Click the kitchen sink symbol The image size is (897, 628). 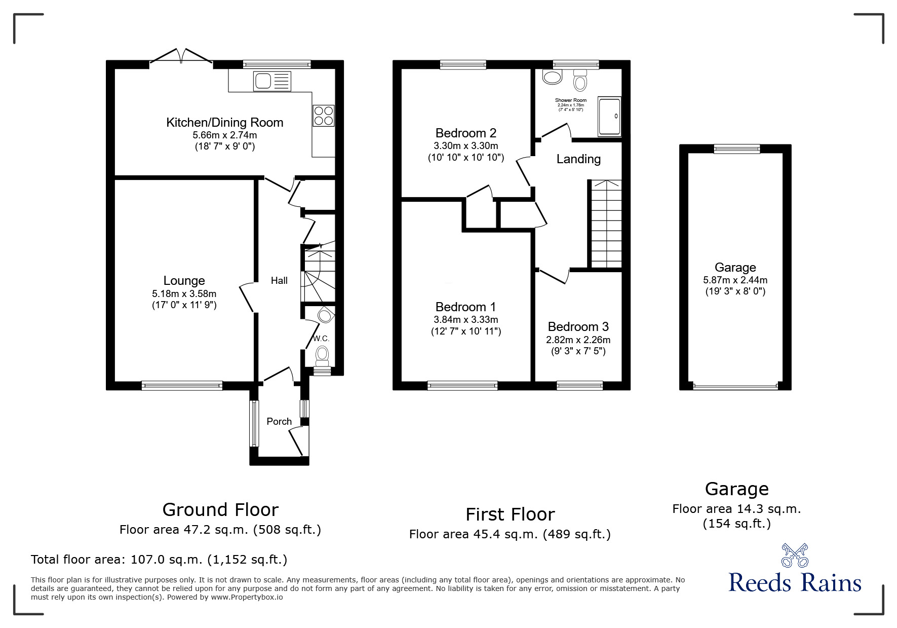[x=272, y=81]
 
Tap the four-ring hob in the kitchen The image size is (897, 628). [x=323, y=115]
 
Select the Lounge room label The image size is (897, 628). [x=184, y=280]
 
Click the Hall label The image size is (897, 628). [x=279, y=280]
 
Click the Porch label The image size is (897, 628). [x=279, y=421]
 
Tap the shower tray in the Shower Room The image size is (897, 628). [x=609, y=116]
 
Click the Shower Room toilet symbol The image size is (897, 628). [x=580, y=80]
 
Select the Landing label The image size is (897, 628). [x=578, y=159]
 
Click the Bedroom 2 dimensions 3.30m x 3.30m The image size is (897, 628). [x=465, y=146]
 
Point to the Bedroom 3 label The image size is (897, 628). [x=578, y=327]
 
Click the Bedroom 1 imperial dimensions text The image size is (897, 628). [x=465, y=331]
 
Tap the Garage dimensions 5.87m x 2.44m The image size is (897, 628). [x=735, y=280]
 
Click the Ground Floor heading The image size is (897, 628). [x=220, y=509]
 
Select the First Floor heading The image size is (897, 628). [x=510, y=514]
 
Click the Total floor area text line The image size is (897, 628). [x=159, y=560]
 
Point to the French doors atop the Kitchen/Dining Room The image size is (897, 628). [x=181, y=57]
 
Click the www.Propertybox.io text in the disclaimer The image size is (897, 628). [x=247, y=597]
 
